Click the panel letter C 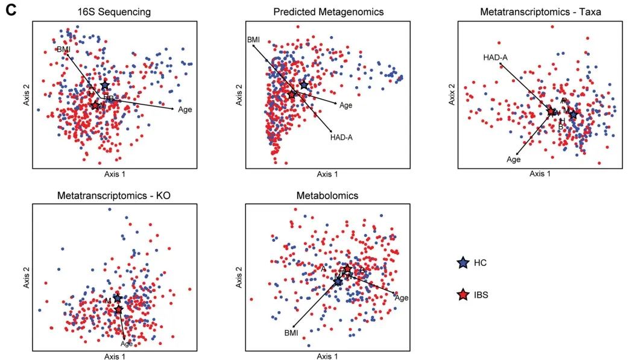tap(10, 10)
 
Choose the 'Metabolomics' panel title tap(327, 195)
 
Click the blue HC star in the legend tap(462, 263)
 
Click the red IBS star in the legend tap(462, 295)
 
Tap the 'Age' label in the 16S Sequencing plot tap(185, 109)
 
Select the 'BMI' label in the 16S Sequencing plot tap(64, 49)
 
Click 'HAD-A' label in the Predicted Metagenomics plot tap(341, 137)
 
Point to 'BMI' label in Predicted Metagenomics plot tap(253, 40)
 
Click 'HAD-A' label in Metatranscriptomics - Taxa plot tap(495, 57)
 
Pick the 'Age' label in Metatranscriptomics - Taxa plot tap(513, 160)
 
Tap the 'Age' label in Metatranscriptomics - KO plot tap(127, 344)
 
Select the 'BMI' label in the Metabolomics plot tap(291, 333)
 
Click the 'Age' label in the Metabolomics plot tap(402, 298)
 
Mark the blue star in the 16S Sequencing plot tap(105, 86)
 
